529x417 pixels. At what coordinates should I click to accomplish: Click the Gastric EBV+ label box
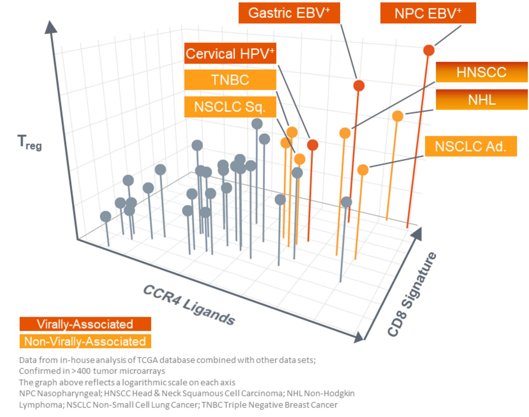[x=289, y=13]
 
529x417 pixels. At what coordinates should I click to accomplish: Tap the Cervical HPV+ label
[x=230, y=54]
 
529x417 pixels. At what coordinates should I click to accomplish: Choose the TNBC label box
[x=230, y=80]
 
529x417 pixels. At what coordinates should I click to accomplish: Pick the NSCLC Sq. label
[x=230, y=107]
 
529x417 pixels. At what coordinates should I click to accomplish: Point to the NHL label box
[x=481, y=100]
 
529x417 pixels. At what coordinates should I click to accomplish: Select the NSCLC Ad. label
[x=471, y=147]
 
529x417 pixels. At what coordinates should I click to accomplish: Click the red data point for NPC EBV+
[x=429, y=50]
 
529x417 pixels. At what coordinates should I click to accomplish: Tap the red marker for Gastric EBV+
[x=359, y=86]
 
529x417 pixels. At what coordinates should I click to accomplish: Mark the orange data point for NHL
[x=397, y=116]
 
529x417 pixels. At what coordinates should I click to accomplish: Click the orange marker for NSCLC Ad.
[x=363, y=170]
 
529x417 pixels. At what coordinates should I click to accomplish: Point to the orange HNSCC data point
[x=345, y=133]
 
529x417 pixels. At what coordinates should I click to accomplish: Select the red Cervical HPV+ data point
[x=313, y=145]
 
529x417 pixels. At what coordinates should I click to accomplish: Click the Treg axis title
[x=29, y=142]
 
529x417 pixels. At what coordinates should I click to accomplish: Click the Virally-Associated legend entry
[x=85, y=324]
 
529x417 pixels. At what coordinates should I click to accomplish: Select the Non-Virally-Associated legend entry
[x=85, y=341]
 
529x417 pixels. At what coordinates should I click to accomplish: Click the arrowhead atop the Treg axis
[x=50, y=27]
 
